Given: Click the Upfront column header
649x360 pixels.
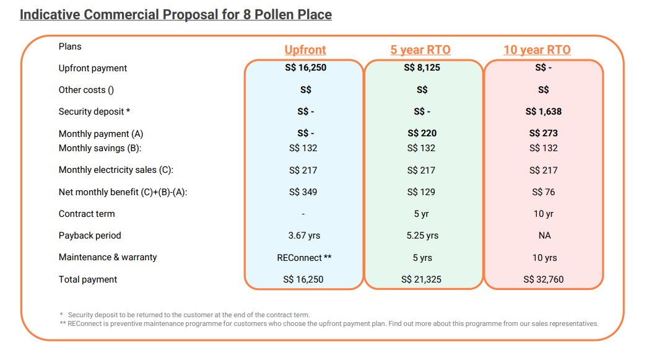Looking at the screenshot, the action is (x=305, y=50).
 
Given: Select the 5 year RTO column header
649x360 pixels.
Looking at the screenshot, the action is (x=420, y=50).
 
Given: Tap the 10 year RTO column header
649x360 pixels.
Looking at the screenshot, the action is (x=537, y=50).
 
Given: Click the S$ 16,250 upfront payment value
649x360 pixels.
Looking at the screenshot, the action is (x=305, y=68).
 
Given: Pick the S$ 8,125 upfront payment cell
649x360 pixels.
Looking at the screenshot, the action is (x=422, y=68).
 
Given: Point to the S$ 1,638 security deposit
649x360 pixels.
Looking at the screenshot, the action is (x=544, y=112).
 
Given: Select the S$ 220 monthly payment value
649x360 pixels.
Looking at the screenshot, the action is (x=422, y=133).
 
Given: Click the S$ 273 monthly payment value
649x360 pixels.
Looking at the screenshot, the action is (x=544, y=133).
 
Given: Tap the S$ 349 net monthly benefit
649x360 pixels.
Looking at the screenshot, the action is (x=303, y=192).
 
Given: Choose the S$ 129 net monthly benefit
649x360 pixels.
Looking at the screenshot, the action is (x=421, y=192).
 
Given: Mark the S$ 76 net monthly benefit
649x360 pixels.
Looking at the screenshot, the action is (x=544, y=192).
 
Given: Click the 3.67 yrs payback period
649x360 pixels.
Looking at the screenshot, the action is (x=304, y=235).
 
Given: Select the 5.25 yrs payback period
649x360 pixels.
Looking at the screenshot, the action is (x=422, y=235).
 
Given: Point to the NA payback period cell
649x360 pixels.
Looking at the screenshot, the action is (x=544, y=235).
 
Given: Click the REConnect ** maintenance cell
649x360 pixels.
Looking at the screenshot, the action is (x=304, y=258).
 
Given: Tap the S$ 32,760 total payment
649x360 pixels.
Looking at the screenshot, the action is (x=544, y=279).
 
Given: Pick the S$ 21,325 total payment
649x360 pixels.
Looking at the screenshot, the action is (x=421, y=279).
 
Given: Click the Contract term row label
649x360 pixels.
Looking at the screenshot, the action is (x=87, y=214).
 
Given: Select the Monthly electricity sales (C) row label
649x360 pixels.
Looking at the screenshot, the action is (x=116, y=170).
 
